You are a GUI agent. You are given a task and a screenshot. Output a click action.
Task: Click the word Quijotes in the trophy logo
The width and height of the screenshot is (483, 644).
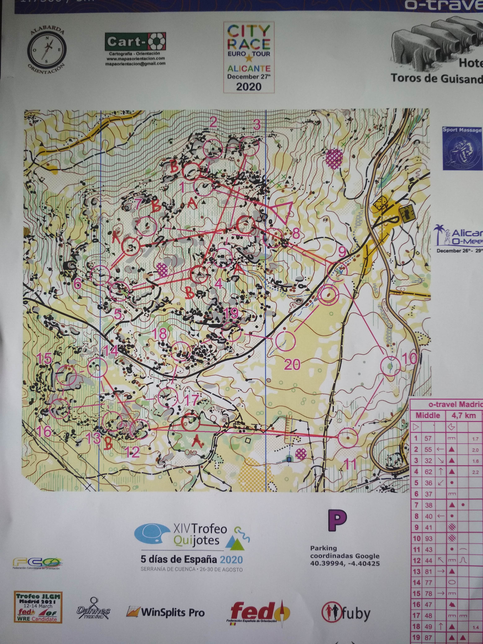[196, 541]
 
